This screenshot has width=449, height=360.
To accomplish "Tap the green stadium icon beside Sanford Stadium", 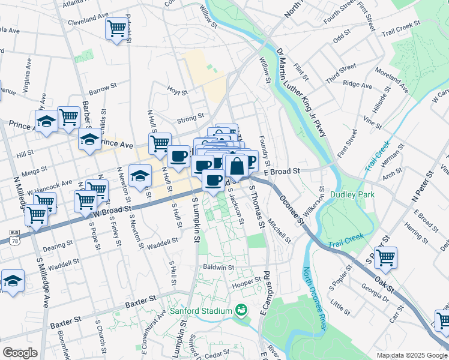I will [241, 310].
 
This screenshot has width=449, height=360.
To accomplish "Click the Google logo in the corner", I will [20, 353].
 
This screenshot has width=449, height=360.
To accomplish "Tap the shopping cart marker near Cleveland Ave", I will [115, 28].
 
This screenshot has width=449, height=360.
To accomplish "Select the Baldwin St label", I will [218, 267].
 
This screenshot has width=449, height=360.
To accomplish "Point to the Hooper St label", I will [246, 280].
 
